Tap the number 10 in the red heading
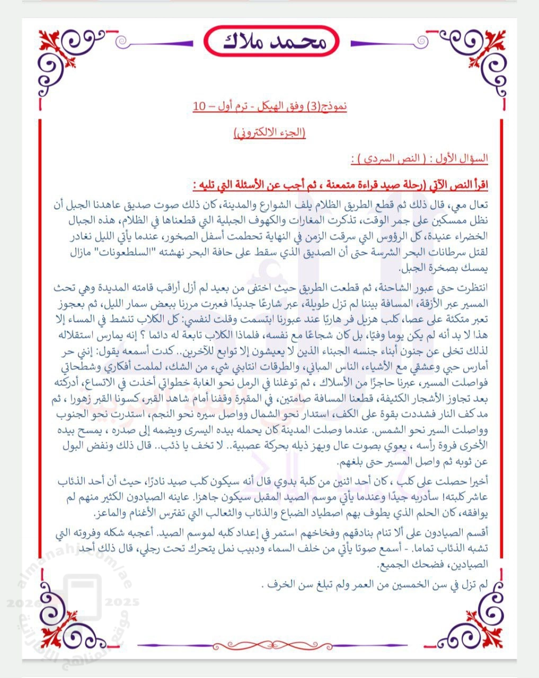click(199, 105)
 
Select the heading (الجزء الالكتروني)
click(270, 133)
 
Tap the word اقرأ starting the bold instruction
click(478, 186)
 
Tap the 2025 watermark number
click(122, 602)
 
